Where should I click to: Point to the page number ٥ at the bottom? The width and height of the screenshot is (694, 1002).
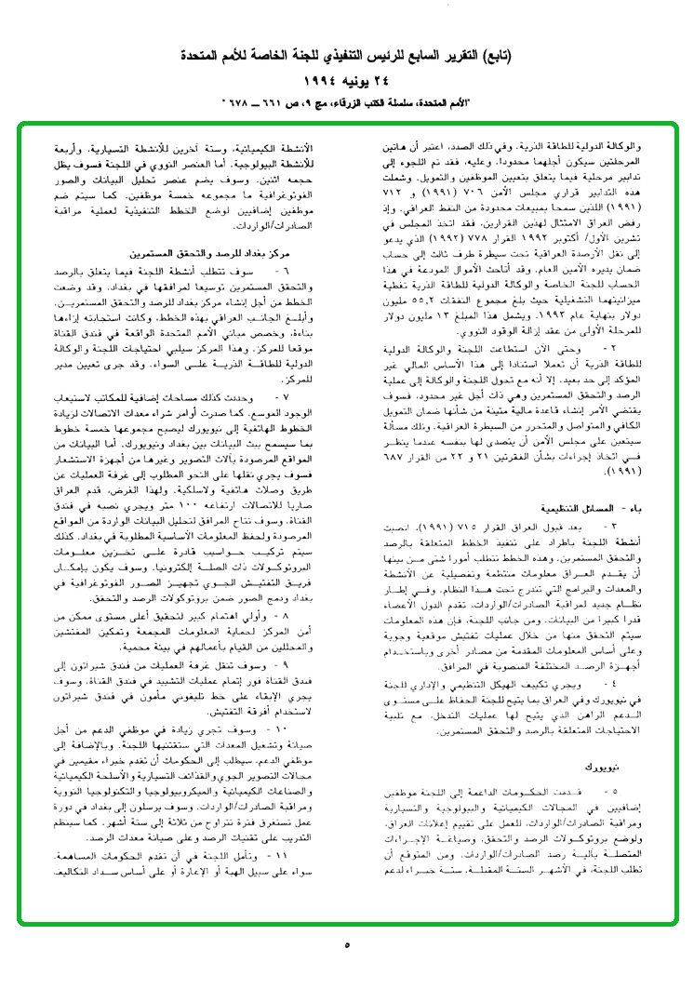pyautogui.click(x=346, y=945)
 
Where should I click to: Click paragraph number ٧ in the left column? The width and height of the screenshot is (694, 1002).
pyautogui.click(x=311, y=398)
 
